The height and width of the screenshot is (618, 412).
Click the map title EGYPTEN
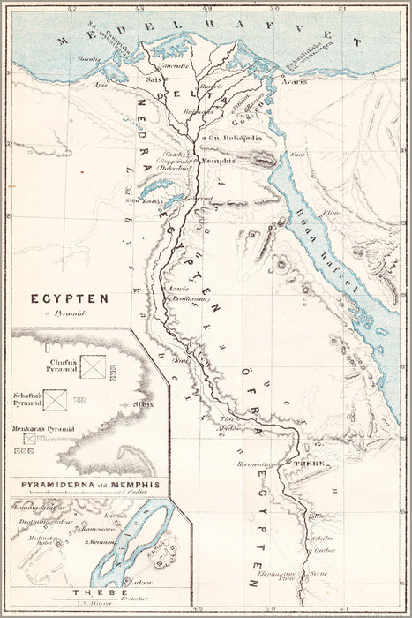(70, 298)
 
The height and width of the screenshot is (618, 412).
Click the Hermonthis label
(254, 463)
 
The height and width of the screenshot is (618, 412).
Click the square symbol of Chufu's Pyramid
(93, 366)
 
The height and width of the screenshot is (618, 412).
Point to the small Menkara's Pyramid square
(29, 437)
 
